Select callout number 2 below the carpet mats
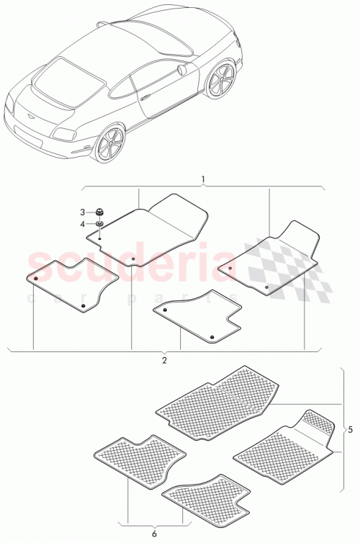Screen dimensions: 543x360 pyautogui.click(x=164, y=359)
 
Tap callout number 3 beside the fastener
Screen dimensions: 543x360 pyautogui.click(x=82, y=212)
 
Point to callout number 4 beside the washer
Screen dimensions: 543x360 pyautogui.click(x=82, y=223)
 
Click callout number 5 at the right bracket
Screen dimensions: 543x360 pyautogui.click(x=349, y=430)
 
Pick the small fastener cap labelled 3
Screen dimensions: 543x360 pyautogui.click(x=101, y=212)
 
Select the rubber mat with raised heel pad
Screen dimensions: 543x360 pyautogui.click(x=284, y=443)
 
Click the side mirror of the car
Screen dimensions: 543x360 pyautogui.click(x=178, y=70)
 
